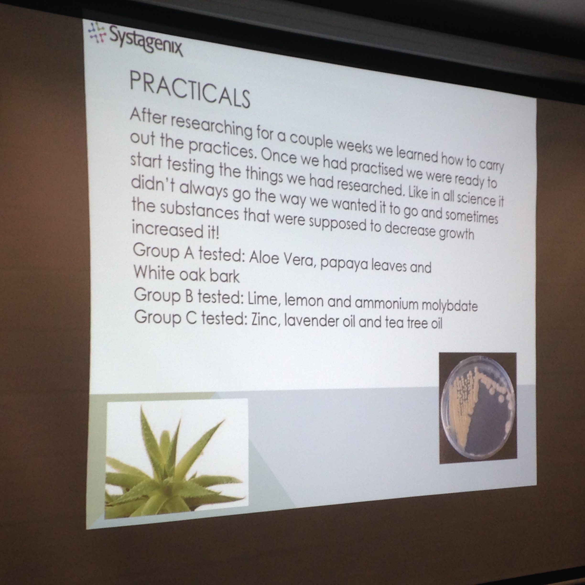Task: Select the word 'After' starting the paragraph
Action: coord(148,116)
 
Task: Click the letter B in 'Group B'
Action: coord(189,296)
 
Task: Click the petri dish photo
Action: coord(478,408)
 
